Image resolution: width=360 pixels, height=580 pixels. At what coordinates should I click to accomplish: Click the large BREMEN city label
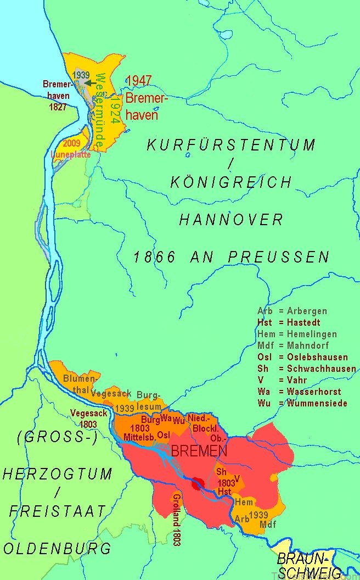pyautogui.click(x=199, y=451)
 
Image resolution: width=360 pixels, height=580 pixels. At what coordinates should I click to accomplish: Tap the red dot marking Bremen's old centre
pyautogui.click(x=198, y=483)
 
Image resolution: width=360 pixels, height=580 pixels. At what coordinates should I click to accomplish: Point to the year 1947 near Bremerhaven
pyautogui.click(x=138, y=81)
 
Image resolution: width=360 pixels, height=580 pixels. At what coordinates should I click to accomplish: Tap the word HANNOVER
pyautogui.click(x=232, y=220)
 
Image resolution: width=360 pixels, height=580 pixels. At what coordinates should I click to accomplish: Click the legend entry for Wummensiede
pyautogui.click(x=306, y=403)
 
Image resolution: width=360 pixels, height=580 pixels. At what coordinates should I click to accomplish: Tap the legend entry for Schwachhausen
pyautogui.click(x=306, y=369)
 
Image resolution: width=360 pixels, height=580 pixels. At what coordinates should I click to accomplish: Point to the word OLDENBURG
pyautogui.click(x=57, y=548)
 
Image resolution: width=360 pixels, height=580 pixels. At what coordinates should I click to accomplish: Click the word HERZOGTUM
pyautogui.click(x=58, y=474)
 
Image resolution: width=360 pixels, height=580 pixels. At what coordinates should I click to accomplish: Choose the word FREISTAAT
pyautogui.click(x=58, y=511)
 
